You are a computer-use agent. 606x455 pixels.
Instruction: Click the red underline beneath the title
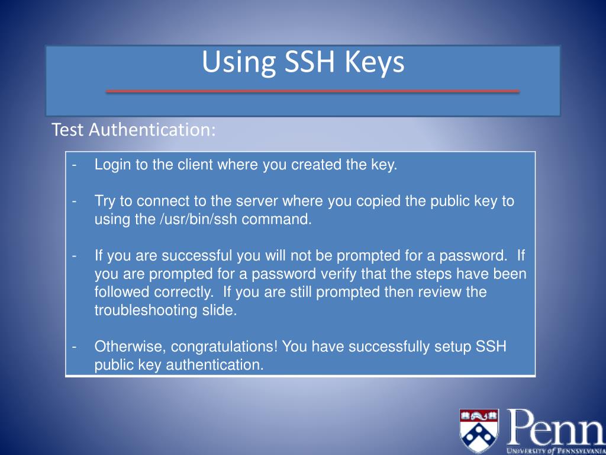[312, 91]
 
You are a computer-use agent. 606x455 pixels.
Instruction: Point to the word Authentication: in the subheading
[153, 130]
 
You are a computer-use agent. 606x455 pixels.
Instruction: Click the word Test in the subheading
[68, 130]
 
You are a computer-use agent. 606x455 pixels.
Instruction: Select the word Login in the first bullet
[112, 165]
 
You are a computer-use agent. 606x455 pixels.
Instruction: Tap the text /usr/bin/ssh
[194, 219]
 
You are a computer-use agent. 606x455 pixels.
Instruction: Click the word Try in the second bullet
[105, 201]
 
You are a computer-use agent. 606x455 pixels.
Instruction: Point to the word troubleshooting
[144, 310]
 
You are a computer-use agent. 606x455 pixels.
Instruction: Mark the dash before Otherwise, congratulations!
[75, 347]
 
